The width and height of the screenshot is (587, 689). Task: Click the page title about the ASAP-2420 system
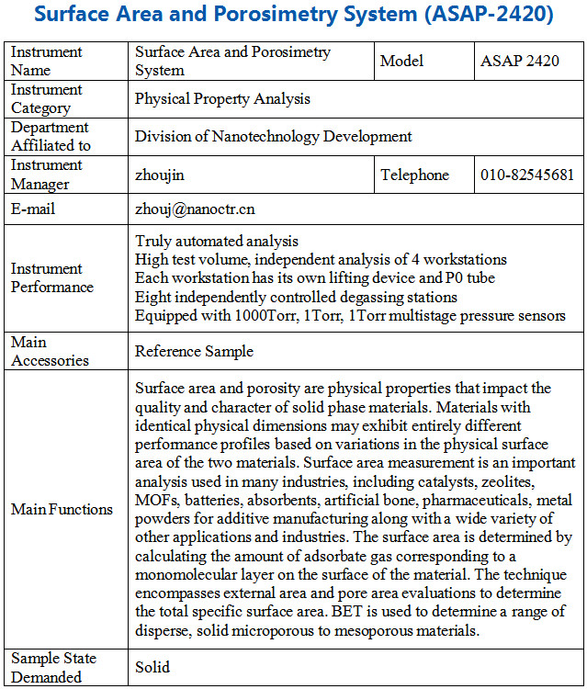[293, 17]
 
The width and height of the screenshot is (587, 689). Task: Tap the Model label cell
[402, 62]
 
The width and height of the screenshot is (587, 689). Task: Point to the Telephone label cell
[415, 175]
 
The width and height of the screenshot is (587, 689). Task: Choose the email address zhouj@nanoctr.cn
[195, 209]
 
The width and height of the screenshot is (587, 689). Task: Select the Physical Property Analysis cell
[222, 98]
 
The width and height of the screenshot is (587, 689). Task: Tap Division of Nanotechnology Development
[273, 137]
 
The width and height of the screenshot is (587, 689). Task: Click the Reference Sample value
[194, 351]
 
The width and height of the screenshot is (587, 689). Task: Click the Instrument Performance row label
[51, 277]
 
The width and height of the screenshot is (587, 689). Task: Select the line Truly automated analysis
[216, 241]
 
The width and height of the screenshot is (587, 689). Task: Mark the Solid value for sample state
[152, 668]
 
